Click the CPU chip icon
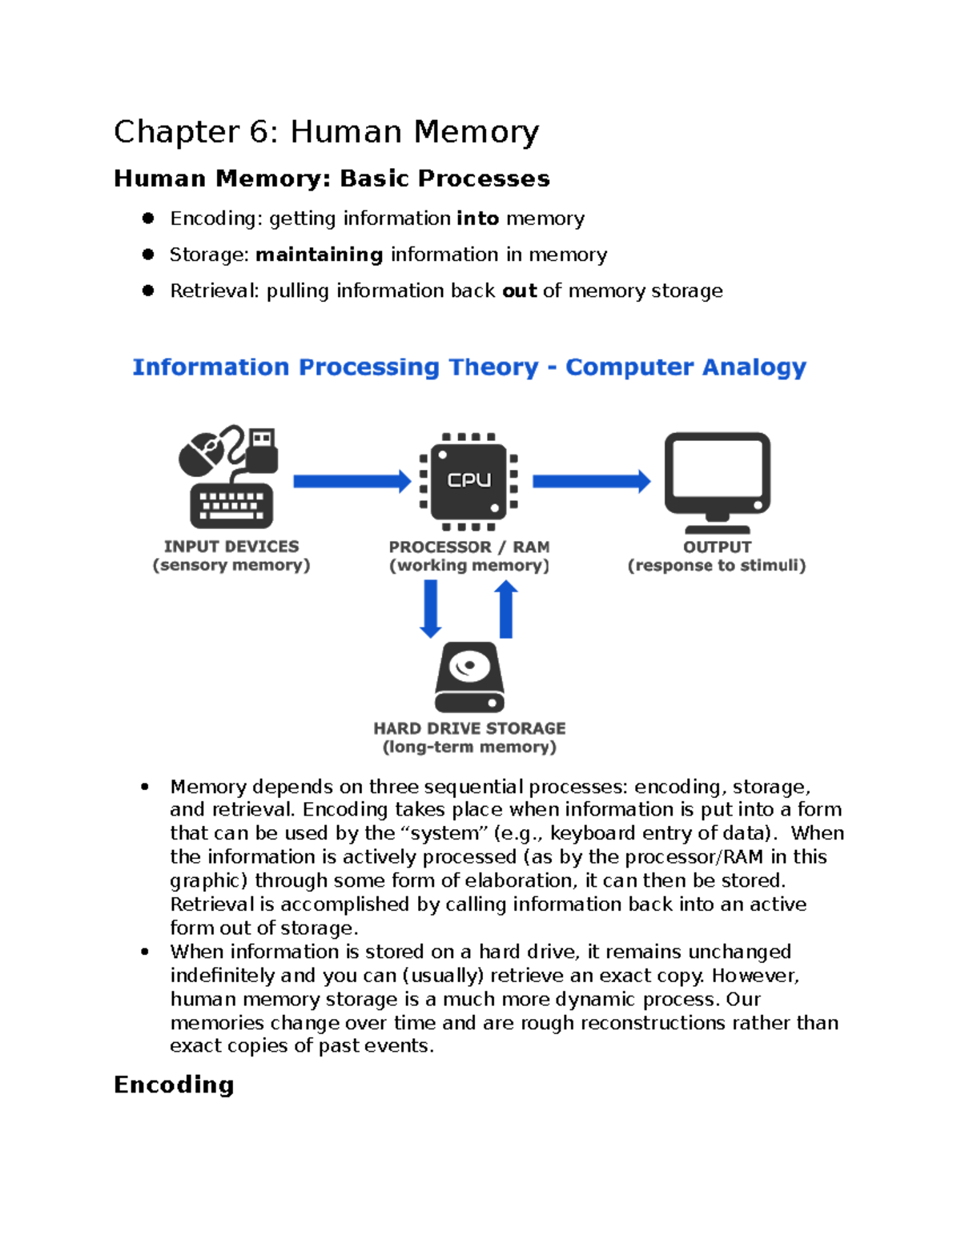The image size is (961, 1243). [469, 481]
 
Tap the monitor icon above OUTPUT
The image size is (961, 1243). [718, 478]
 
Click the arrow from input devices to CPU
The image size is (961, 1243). [352, 481]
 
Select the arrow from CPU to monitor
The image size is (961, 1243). [591, 481]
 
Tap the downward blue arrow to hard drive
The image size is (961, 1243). [431, 609]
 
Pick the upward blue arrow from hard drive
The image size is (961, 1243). [506, 609]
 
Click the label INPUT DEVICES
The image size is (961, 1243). [231, 547]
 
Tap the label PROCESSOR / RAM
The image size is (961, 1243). [469, 547]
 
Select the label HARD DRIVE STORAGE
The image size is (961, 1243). [469, 728]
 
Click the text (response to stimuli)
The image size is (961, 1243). [717, 566]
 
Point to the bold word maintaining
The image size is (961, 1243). [319, 255]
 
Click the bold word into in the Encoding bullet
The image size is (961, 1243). [477, 219]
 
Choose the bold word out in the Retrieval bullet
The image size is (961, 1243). [519, 291]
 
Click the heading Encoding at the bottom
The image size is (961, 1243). [174, 1085]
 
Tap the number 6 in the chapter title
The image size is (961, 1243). [259, 132]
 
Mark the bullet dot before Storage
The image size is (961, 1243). [148, 255]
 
